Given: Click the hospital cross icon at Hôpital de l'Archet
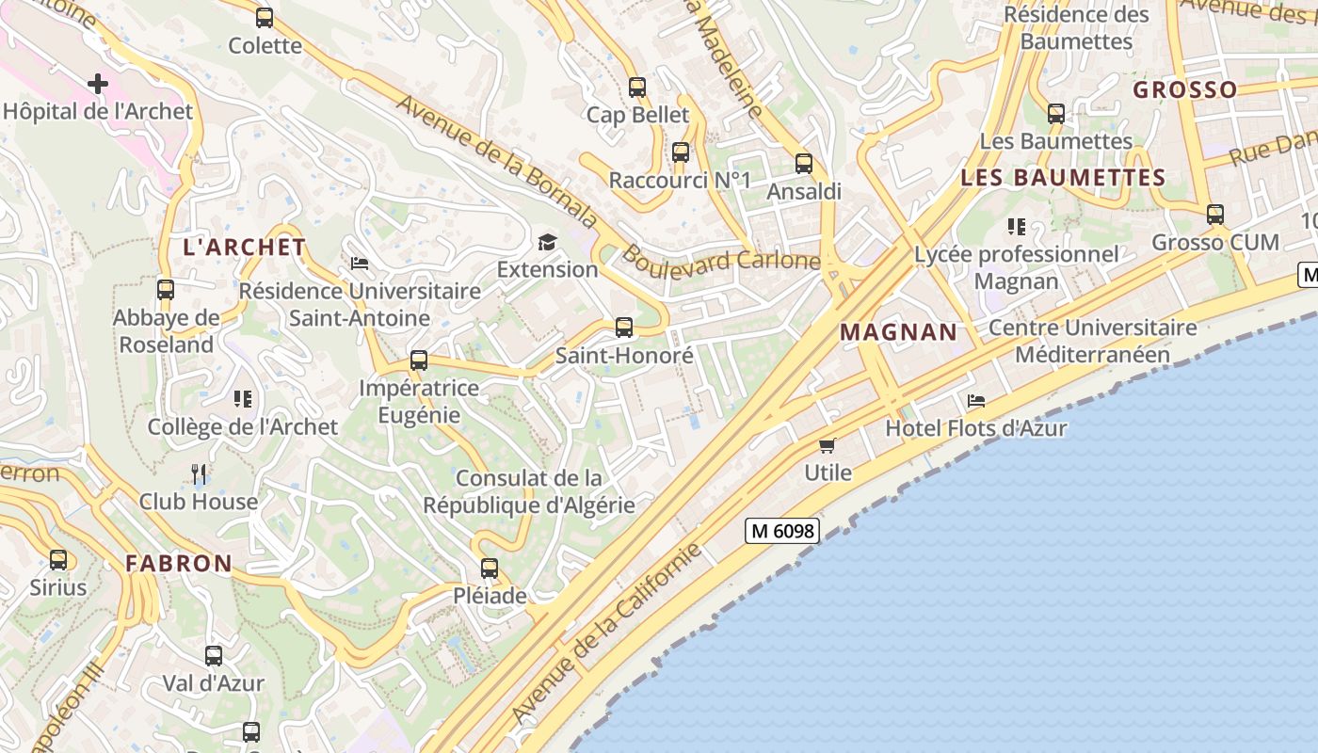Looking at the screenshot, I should pyautogui.click(x=98, y=84).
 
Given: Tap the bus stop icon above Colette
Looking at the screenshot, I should pyautogui.click(x=265, y=17).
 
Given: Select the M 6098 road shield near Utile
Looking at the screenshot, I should pyautogui.click(x=782, y=531).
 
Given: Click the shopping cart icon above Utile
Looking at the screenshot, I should pyautogui.click(x=828, y=445).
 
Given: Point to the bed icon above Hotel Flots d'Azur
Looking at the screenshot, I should pyautogui.click(x=976, y=401).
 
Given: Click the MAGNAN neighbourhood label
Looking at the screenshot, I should pyautogui.click(x=898, y=332).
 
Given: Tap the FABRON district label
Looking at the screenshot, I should pyautogui.click(x=179, y=564).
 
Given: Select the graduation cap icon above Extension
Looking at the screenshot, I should pyautogui.click(x=547, y=243).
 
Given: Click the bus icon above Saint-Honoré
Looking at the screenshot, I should pyautogui.click(x=624, y=328).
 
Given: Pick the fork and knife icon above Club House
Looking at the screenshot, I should pyautogui.click(x=199, y=473).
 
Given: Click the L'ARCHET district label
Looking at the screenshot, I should pyautogui.click(x=245, y=248).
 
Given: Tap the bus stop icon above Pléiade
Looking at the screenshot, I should pyautogui.click(x=490, y=569).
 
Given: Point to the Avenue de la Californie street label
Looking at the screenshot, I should pyautogui.click(x=607, y=634).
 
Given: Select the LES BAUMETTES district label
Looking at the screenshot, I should pyautogui.click(x=1063, y=177).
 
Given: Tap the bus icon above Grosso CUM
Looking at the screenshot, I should pyautogui.click(x=1215, y=215).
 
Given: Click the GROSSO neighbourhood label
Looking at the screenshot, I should pyautogui.click(x=1185, y=90).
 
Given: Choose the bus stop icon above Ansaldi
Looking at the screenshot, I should pyautogui.click(x=804, y=164).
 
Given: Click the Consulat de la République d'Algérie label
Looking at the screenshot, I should pyautogui.click(x=528, y=491).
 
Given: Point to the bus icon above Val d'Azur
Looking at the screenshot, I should pyautogui.click(x=214, y=655).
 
